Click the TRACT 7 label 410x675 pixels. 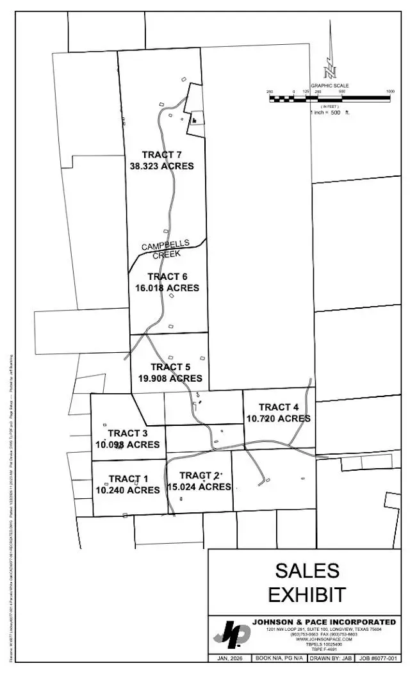(x=162, y=154)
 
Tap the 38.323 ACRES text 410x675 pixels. (x=161, y=166)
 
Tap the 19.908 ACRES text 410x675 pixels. (x=170, y=378)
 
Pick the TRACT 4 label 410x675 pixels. (x=278, y=407)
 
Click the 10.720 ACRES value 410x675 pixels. (x=278, y=419)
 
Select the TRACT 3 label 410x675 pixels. (x=127, y=433)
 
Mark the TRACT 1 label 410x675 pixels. (x=128, y=479)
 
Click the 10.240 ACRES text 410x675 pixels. (x=127, y=491)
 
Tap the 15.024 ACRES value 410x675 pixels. (x=199, y=487)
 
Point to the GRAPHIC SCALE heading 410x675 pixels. (x=330, y=86)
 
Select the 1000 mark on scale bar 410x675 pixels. (x=389, y=92)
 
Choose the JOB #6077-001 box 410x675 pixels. (x=375, y=658)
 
